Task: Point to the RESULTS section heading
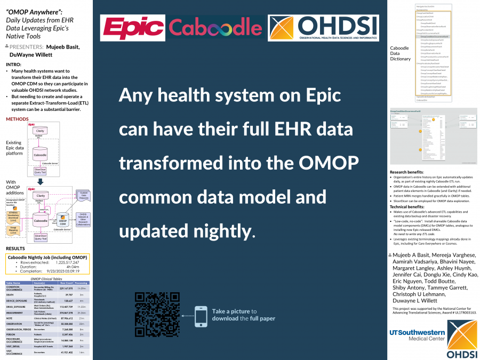[15, 249]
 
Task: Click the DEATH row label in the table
[11, 295]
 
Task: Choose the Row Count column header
[66, 283]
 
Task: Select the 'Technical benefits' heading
[408, 206]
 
